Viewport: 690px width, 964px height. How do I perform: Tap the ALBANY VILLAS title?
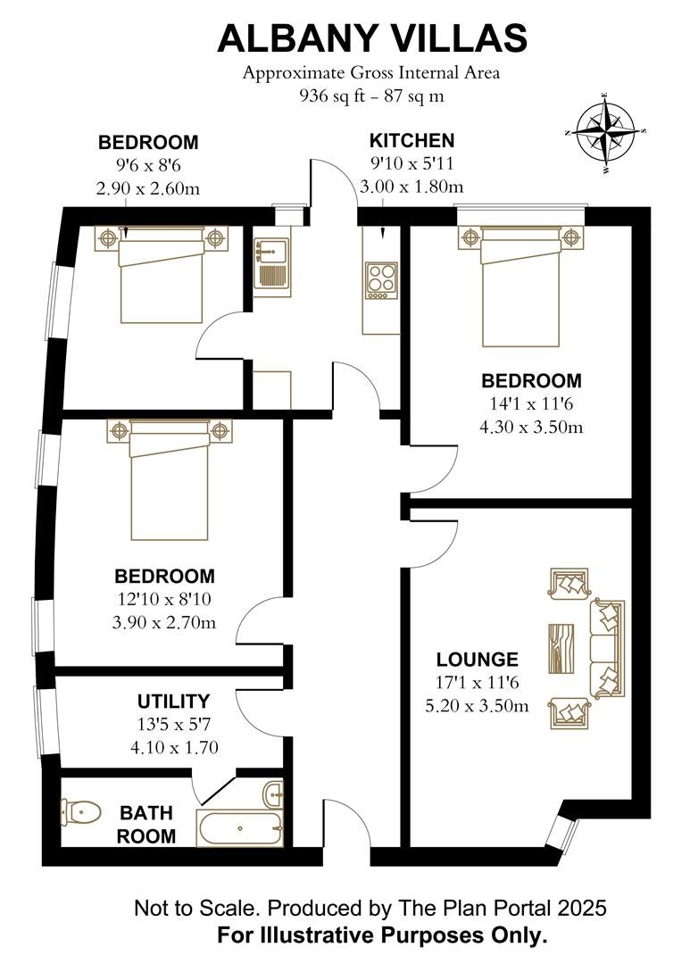pyautogui.click(x=372, y=38)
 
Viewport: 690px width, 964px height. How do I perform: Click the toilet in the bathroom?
pyautogui.click(x=81, y=811)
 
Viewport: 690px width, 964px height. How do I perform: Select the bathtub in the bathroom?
pyautogui.click(x=239, y=828)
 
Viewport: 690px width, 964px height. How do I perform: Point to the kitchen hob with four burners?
pyautogui.click(x=382, y=278)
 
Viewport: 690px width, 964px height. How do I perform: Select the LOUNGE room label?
pyautogui.click(x=477, y=660)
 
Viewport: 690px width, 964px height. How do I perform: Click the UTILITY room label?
pyautogui.click(x=173, y=701)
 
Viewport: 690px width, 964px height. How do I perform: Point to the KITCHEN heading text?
pyautogui.click(x=412, y=140)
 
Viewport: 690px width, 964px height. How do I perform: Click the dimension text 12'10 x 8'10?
pyautogui.click(x=164, y=599)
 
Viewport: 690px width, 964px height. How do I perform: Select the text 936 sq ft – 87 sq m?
pyautogui.click(x=371, y=96)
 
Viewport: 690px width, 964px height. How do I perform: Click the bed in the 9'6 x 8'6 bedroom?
pyautogui.click(x=162, y=274)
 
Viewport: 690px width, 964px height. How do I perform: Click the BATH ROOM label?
pyautogui.click(x=147, y=824)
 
